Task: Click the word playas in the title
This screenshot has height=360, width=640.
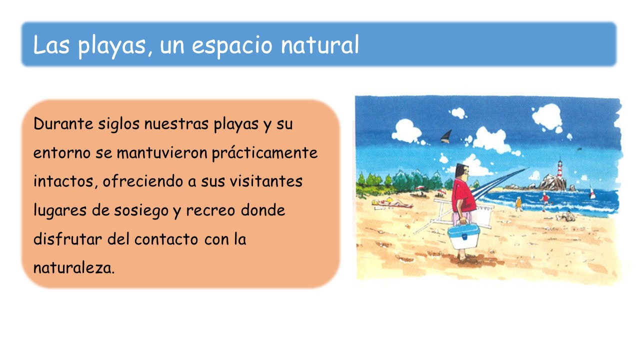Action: point(111,45)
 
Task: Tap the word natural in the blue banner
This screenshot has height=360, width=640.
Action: point(319,44)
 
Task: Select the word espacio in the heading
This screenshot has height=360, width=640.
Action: point(232,45)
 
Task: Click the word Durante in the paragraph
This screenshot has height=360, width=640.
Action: point(63,123)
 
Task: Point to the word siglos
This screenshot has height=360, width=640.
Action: point(118,124)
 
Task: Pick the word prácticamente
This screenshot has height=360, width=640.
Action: point(264,153)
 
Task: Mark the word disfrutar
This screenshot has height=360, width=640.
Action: point(67,239)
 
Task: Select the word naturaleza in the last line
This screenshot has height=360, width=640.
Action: point(74,268)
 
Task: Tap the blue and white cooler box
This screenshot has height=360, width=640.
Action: point(463,235)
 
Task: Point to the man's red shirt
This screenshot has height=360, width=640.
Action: point(463,194)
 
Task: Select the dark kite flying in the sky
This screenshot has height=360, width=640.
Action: point(446,136)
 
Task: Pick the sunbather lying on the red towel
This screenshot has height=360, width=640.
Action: point(391,203)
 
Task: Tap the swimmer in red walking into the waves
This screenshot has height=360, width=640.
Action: point(545,201)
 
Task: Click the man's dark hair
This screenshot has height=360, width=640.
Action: point(460,169)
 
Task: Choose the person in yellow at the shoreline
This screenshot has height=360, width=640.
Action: point(518,203)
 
